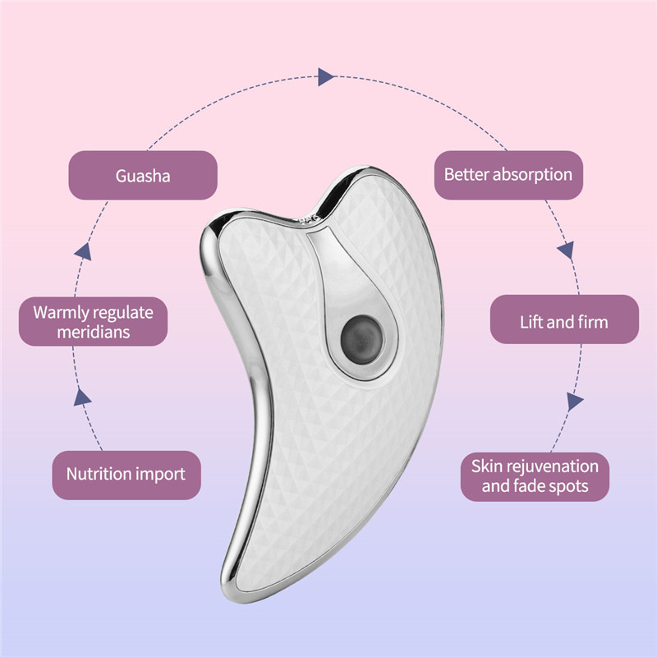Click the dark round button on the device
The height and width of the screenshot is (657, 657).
[361, 340]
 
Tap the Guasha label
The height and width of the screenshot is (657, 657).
[143, 175]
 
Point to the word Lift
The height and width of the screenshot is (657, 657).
[531, 322]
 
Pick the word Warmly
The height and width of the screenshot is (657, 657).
[61, 313]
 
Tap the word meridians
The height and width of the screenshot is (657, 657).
[94, 333]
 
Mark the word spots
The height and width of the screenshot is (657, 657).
[569, 487]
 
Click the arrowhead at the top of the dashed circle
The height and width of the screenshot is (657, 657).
[326, 76]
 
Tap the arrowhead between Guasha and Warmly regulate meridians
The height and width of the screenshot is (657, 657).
[84, 251]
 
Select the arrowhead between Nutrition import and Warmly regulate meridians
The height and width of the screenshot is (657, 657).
[82, 397]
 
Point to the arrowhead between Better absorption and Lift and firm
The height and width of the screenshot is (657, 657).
[566, 250]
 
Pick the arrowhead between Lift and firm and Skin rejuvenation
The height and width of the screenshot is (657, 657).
[574, 402]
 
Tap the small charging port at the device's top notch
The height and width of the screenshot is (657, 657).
[310, 218]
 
